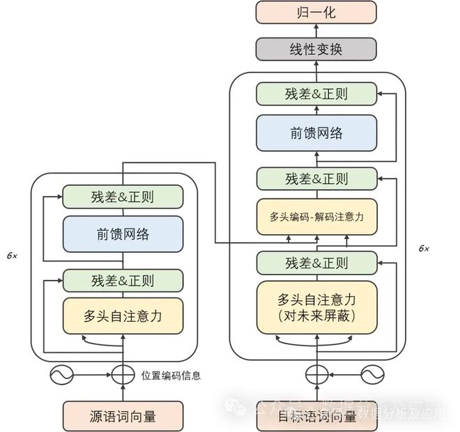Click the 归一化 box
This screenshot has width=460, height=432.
316,12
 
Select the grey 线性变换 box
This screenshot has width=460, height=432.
316,49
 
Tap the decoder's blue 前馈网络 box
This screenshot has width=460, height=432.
316,133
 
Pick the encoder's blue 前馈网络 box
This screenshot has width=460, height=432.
123,234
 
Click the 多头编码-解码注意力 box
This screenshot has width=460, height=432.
316,217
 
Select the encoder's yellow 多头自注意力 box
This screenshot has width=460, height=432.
123,316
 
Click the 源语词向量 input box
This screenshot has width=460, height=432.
123,417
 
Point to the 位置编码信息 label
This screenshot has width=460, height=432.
171,376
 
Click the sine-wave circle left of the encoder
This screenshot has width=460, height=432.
61,375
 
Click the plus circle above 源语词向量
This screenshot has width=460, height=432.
123,376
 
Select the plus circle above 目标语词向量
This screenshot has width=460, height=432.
316,375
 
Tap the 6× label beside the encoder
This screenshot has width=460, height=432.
13,256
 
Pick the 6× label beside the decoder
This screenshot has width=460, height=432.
424,247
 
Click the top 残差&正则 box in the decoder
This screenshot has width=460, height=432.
316,94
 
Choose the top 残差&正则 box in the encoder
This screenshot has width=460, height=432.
123,196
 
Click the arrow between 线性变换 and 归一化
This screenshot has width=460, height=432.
316,31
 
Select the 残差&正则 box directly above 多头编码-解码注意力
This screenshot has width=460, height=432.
316,178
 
